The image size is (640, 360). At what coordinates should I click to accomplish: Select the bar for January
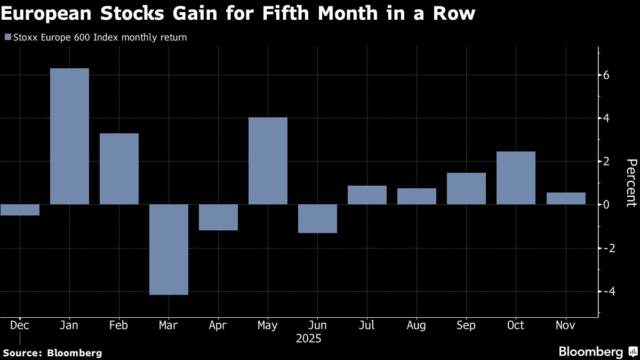coord(69,136)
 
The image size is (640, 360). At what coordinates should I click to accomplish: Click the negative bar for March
coord(169,249)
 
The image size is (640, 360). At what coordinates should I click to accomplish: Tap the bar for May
coord(268,161)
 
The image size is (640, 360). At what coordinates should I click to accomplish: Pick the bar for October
coord(516,178)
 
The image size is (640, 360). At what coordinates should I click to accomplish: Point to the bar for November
coord(565,198)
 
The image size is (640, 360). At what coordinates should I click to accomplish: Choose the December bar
coord(20,210)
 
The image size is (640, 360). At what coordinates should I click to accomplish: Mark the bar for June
coord(317,219)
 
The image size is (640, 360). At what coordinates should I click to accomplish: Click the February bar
coord(119,169)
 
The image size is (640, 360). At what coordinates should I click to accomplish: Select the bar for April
coord(218,217)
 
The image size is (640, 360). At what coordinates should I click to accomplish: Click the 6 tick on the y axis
coord(607,75)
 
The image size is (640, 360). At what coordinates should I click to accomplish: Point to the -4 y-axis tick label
coord(609,291)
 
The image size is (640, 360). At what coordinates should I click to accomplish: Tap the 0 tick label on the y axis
coord(607,205)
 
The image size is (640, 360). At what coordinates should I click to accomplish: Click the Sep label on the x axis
coord(466,325)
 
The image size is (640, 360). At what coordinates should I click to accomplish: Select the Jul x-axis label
coord(367,325)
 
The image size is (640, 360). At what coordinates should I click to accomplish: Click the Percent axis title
coord(630,182)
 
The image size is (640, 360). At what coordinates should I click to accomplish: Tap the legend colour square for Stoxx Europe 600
coord(7,37)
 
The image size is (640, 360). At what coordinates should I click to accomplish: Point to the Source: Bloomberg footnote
coord(52,353)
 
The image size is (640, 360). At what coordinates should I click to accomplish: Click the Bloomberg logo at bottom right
coord(598,351)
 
